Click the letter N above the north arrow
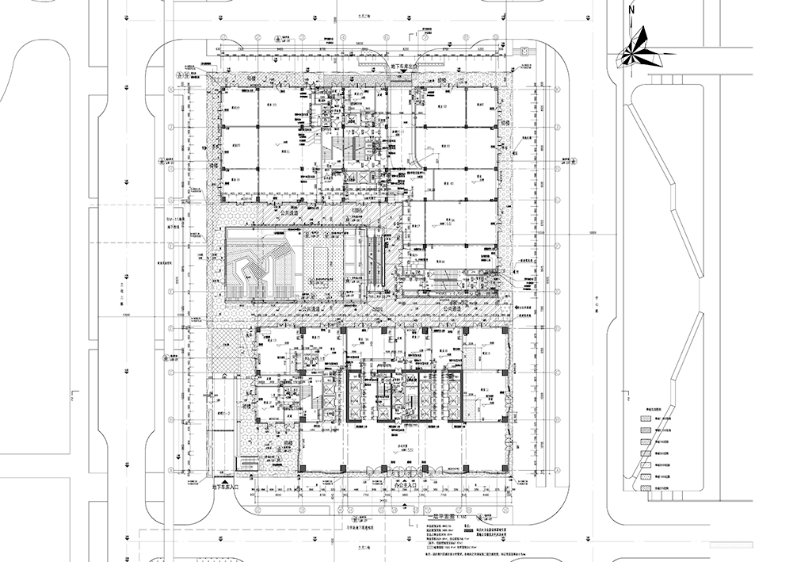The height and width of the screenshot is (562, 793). pos(631,10)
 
